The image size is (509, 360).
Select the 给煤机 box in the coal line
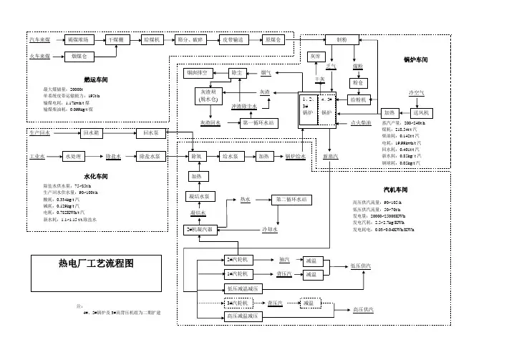point(153,40)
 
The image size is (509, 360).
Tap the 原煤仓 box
point(273,40)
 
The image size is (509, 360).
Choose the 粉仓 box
point(358,83)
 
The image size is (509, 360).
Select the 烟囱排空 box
point(197,72)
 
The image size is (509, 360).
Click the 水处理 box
point(75,155)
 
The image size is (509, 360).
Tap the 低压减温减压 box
point(245,288)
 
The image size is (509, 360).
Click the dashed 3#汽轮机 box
point(236,303)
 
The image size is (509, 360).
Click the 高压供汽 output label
point(366,309)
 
